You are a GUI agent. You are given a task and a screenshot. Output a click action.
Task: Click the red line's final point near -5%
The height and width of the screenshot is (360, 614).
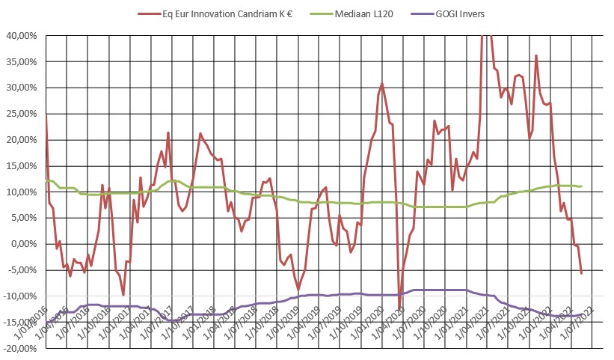pos(582,272)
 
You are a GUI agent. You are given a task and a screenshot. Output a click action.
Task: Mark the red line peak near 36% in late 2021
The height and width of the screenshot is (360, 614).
pos(536,55)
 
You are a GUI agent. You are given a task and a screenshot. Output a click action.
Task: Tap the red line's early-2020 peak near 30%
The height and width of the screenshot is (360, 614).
pos(382,84)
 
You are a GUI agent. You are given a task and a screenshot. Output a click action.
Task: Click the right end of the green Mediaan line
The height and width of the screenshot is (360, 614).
pos(582,186)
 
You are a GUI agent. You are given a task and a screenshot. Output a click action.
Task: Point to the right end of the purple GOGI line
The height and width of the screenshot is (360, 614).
pos(582,315)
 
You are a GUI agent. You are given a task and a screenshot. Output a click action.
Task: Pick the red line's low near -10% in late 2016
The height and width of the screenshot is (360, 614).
pos(123,295)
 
